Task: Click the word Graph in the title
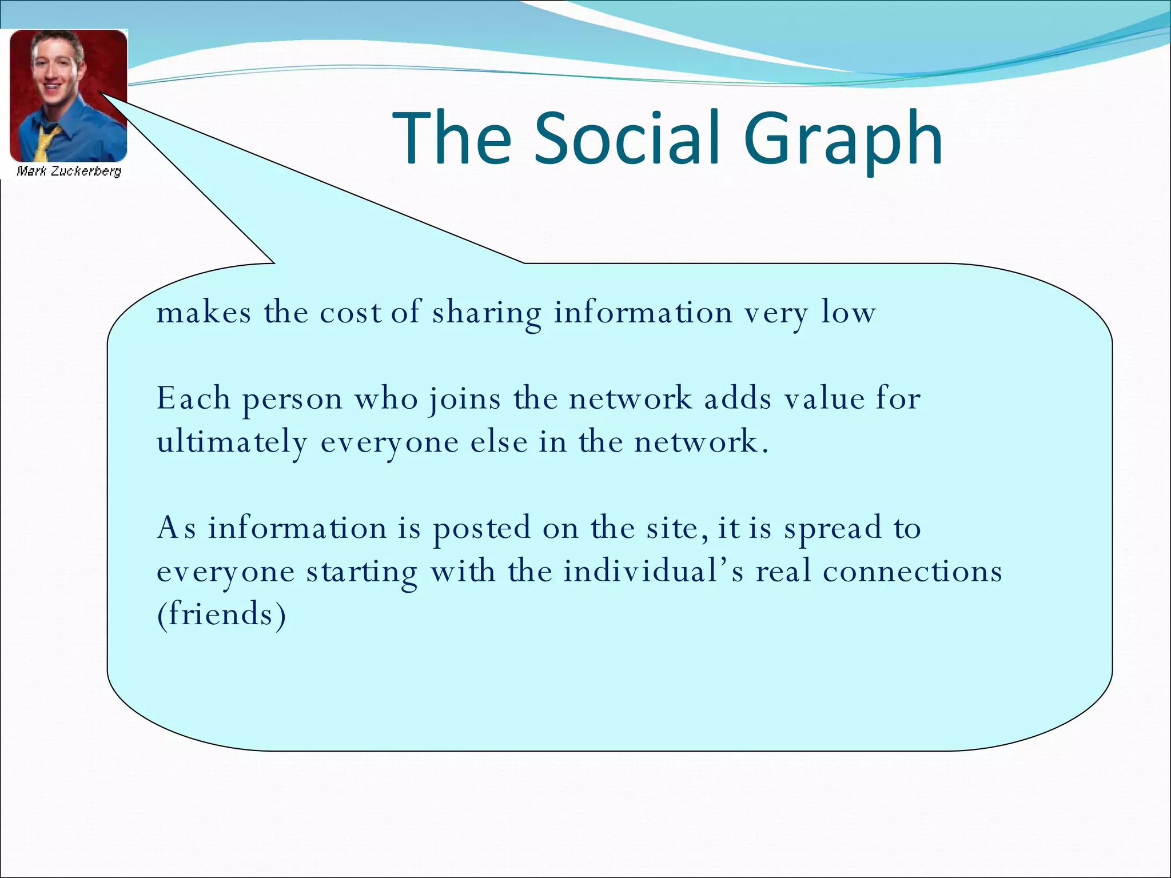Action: tap(843, 141)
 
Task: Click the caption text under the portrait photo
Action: tap(69, 171)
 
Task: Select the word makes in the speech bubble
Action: tap(204, 313)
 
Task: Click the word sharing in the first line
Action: tap(487, 314)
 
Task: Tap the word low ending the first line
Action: tap(849, 313)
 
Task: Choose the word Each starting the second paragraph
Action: tap(193, 398)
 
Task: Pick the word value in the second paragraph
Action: tap(824, 398)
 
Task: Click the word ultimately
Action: tap(232, 443)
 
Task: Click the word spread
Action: tap(833, 529)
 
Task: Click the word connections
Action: tap(913, 571)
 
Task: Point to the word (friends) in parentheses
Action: tap(221, 614)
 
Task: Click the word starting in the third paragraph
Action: tap(361, 572)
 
